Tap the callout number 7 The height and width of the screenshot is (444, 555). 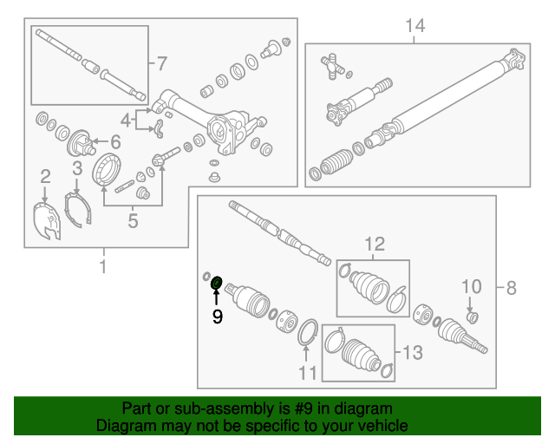click(x=161, y=62)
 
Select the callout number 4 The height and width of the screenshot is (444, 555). click(x=126, y=120)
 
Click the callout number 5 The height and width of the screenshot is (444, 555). click(x=133, y=221)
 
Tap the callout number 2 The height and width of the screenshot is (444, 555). click(x=45, y=179)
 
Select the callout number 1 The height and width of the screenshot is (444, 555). click(x=103, y=266)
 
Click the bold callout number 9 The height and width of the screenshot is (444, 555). click(x=217, y=317)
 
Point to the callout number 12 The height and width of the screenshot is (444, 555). click(x=373, y=245)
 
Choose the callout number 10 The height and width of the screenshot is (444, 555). click(x=470, y=286)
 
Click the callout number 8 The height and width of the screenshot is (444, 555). click(x=511, y=286)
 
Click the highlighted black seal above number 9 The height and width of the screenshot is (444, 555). click(x=217, y=282)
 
